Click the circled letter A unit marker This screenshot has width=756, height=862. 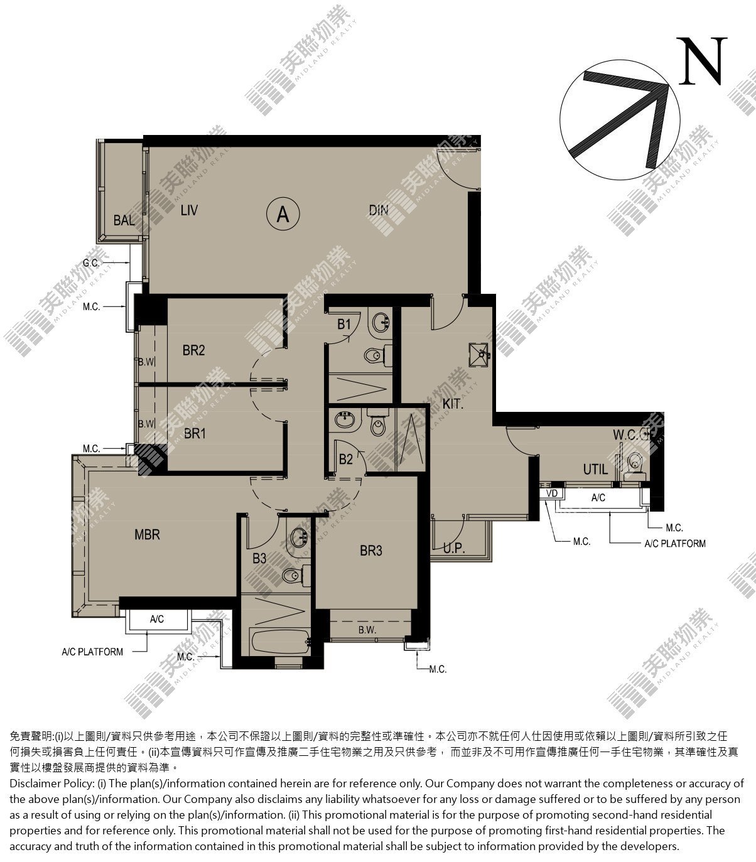(x=283, y=213)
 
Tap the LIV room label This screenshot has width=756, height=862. (x=189, y=210)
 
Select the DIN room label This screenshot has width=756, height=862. (x=379, y=210)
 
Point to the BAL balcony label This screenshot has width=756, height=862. (x=124, y=220)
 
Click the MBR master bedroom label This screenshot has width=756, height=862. (x=147, y=534)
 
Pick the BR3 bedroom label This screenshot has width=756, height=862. (x=370, y=551)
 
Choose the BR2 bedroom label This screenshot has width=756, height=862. (x=193, y=350)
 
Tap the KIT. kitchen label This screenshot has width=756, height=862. (x=453, y=404)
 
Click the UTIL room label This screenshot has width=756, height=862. (x=595, y=470)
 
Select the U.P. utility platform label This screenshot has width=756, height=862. (x=454, y=548)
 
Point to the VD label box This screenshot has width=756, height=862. (x=552, y=493)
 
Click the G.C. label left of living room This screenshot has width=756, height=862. (x=90, y=263)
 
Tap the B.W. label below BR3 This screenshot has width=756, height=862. (x=367, y=630)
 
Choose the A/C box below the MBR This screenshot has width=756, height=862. (x=157, y=619)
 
